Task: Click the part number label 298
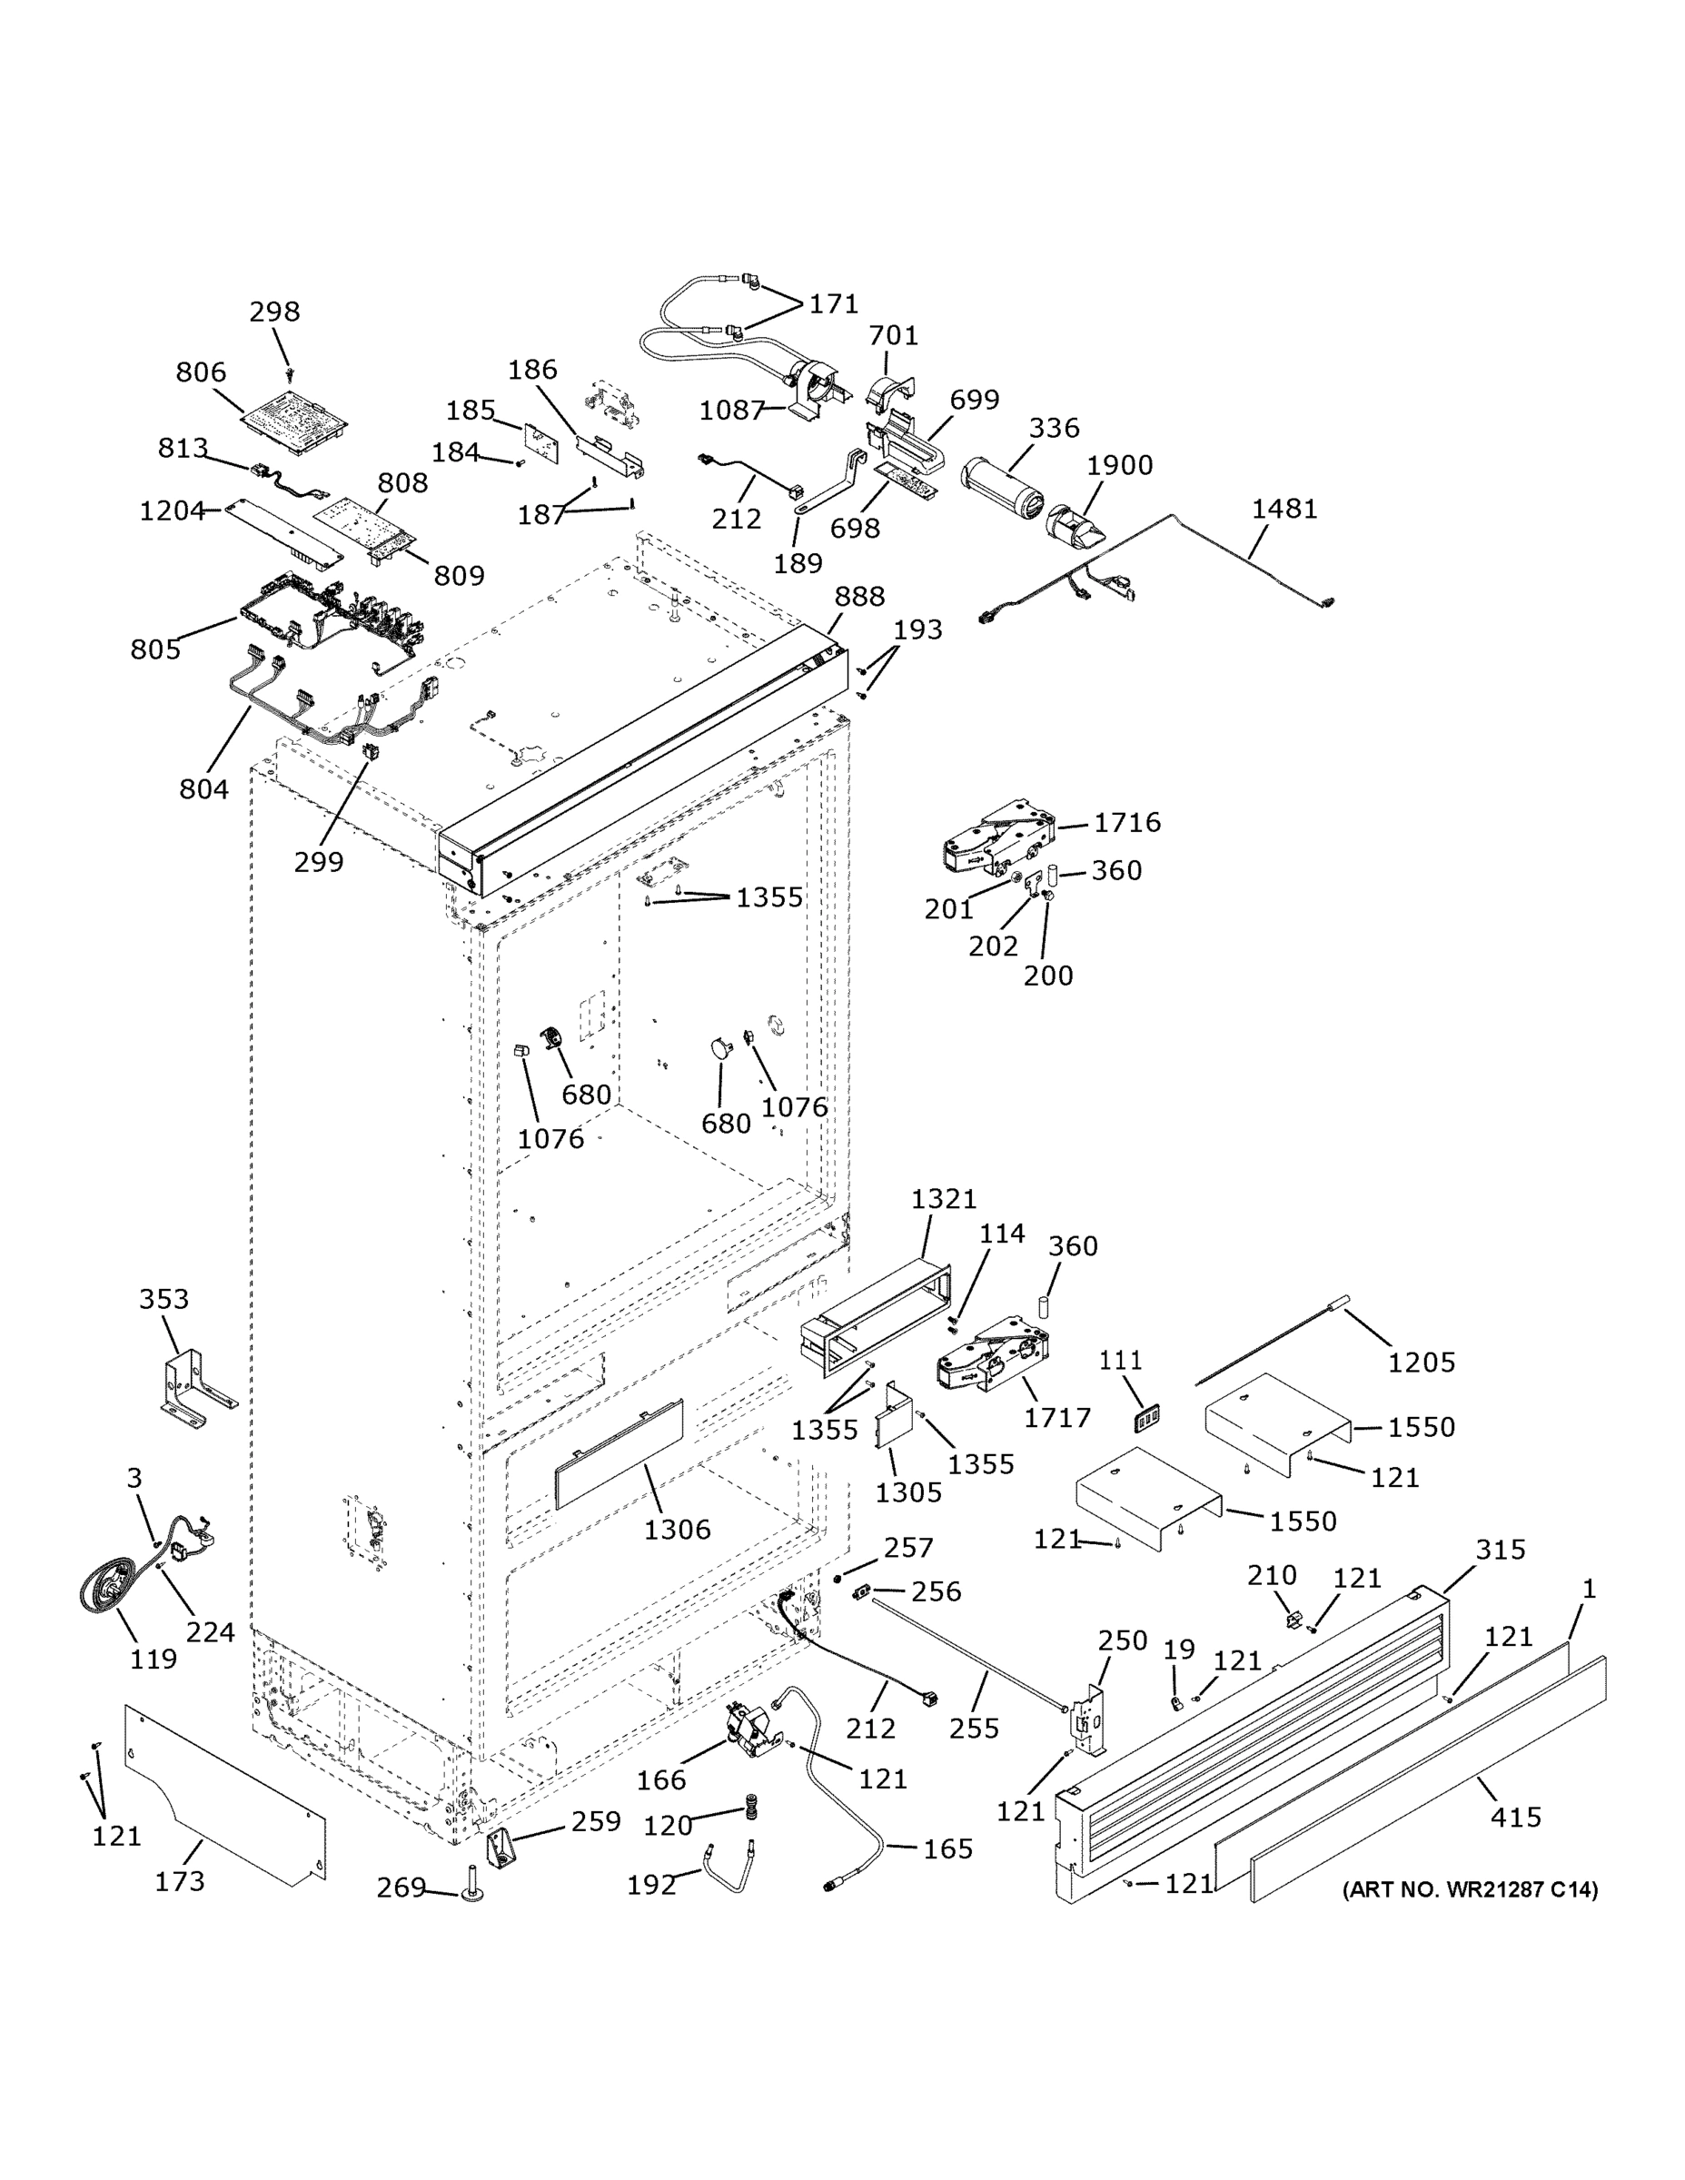pyautogui.click(x=274, y=312)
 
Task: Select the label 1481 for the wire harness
pyautogui.click(x=1284, y=509)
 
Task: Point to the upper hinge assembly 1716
pyautogui.click(x=997, y=837)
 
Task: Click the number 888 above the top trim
pyautogui.click(x=859, y=597)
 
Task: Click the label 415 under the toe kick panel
pyautogui.click(x=1515, y=1817)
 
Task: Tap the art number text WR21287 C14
pyautogui.click(x=1470, y=1889)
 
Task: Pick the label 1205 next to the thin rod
pyautogui.click(x=1422, y=1362)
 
